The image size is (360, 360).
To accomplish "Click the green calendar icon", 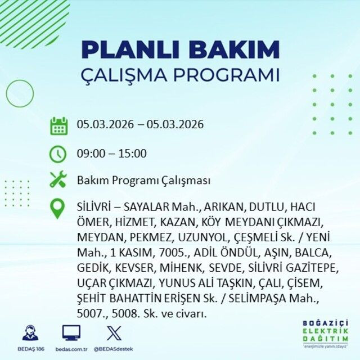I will tap(58, 125).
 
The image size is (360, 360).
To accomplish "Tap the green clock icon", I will tap(58, 154).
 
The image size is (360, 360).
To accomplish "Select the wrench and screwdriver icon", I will tap(58, 180).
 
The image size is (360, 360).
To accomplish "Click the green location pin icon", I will tap(58, 208).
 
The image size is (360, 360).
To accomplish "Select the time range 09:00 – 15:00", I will tap(111, 154).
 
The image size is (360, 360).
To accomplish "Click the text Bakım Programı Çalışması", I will tap(143, 181).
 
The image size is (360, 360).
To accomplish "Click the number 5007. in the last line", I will tap(91, 314).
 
